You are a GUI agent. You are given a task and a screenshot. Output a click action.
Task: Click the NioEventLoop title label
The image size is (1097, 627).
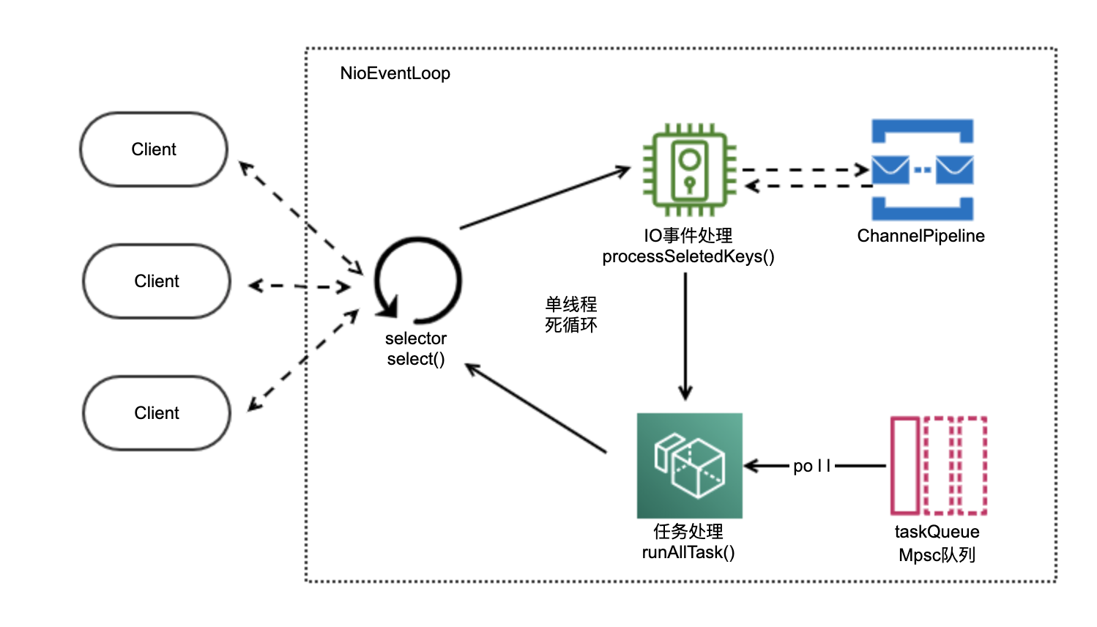click(x=395, y=73)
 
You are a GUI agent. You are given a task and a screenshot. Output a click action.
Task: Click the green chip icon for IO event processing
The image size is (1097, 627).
click(x=690, y=169)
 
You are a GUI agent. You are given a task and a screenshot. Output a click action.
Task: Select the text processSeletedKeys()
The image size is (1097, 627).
click(x=688, y=256)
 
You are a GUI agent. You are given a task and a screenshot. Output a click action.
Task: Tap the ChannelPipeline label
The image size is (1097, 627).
click(x=921, y=236)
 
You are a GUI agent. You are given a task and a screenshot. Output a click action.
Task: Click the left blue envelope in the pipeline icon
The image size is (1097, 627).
click(x=890, y=169)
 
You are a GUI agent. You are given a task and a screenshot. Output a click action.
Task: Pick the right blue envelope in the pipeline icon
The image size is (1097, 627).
click(x=954, y=169)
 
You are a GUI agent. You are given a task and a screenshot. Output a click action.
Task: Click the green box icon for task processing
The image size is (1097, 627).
click(x=690, y=465)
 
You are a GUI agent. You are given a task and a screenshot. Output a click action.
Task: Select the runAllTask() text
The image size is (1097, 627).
click(x=688, y=552)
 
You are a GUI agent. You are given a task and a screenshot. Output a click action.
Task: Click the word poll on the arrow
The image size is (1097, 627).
click(x=812, y=466)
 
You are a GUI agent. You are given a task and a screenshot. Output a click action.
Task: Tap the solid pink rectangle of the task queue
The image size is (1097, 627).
click(x=905, y=465)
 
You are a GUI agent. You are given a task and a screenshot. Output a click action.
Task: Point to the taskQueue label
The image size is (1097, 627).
click(x=937, y=532)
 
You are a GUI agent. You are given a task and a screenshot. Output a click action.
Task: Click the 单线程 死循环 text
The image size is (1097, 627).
click(x=571, y=314)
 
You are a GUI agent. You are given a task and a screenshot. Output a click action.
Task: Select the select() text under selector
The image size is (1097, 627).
click(x=416, y=359)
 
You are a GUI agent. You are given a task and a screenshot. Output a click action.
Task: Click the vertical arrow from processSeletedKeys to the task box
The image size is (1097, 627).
click(x=685, y=336)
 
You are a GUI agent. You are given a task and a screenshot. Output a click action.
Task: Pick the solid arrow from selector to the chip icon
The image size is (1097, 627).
click(x=545, y=198)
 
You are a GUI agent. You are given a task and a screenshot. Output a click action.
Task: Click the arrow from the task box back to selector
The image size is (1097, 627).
click(x=535, y=408)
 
